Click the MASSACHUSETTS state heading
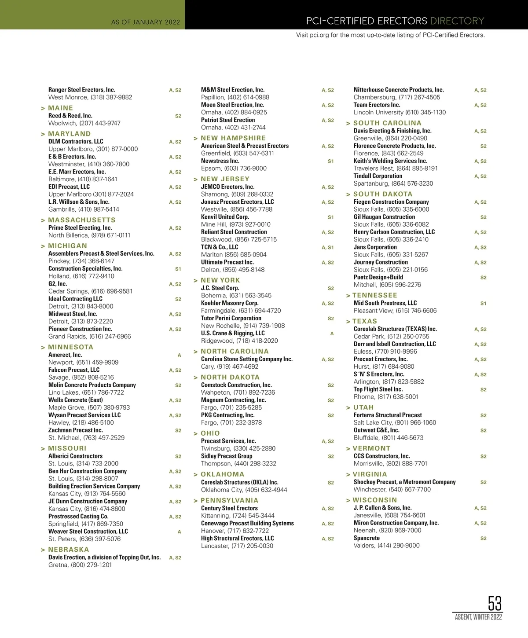[82, 220]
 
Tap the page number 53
[495, 603]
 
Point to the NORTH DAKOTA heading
[230, 378]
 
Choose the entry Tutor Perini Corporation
[231, 318]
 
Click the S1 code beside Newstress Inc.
[330, 161]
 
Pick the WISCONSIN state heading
[375, 500]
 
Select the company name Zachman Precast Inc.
[76, 430]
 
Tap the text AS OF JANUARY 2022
[146, 22]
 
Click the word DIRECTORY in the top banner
[457, 21]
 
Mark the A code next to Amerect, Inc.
[179, 355]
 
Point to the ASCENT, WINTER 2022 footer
[478, 617]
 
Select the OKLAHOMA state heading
[222, 474]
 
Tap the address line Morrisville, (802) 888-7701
[390, 463]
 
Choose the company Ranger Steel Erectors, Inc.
[82, 90]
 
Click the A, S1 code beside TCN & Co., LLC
[328, 247]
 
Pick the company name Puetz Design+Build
[378, 277]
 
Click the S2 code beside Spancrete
[483, 539]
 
